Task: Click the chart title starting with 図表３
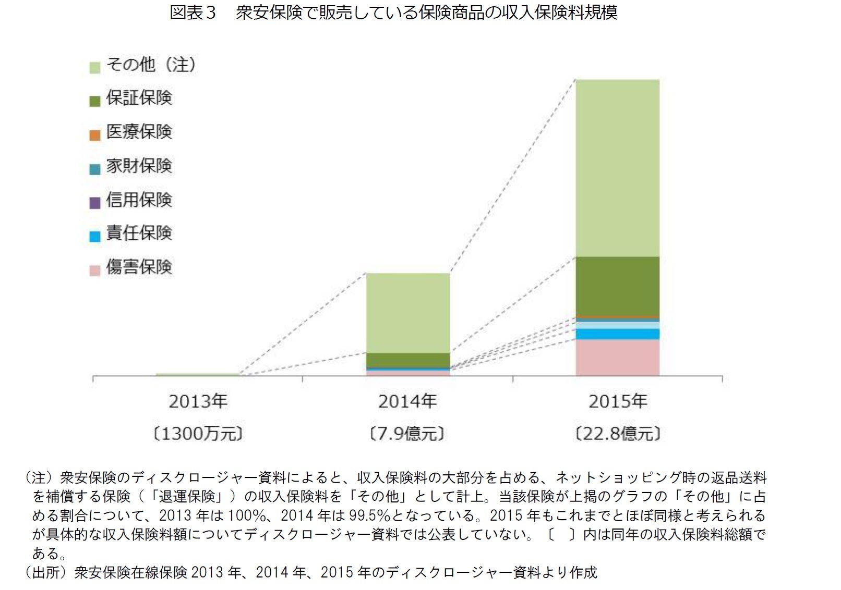[393, 12]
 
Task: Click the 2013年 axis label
[198, 401]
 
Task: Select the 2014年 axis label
[407, 401]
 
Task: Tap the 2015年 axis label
[618, 401]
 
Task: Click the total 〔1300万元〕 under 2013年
[198, 434]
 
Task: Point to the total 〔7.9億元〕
[407, 434]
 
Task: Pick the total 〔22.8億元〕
[618, 434]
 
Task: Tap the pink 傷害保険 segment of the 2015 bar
[618, 357]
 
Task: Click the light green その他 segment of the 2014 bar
[408, 313]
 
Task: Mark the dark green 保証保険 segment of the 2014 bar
[408, 360]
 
